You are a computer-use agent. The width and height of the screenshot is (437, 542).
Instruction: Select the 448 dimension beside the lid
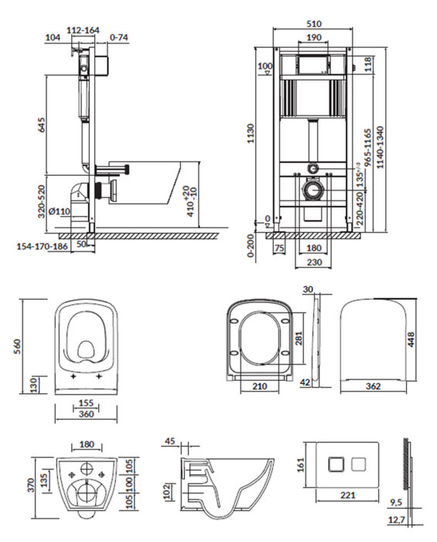411,339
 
